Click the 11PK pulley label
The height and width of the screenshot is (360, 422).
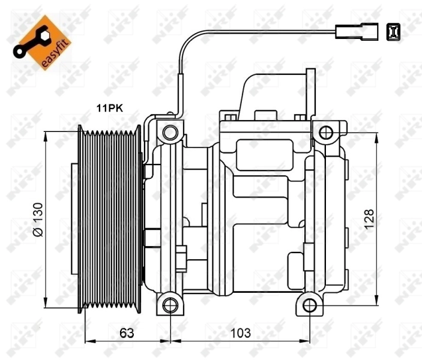pos(109,108)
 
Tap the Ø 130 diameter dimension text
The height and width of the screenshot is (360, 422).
pos(38,220)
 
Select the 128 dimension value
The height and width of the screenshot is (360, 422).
pos(369,219)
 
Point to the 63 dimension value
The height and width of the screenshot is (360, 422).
pos(127,333)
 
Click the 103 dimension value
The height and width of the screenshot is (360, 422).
pos(240,333)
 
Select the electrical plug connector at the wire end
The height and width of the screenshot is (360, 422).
pos(357,32)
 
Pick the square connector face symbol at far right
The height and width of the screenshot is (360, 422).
pos(393,32)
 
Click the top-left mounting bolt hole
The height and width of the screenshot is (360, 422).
pos(170,133)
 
